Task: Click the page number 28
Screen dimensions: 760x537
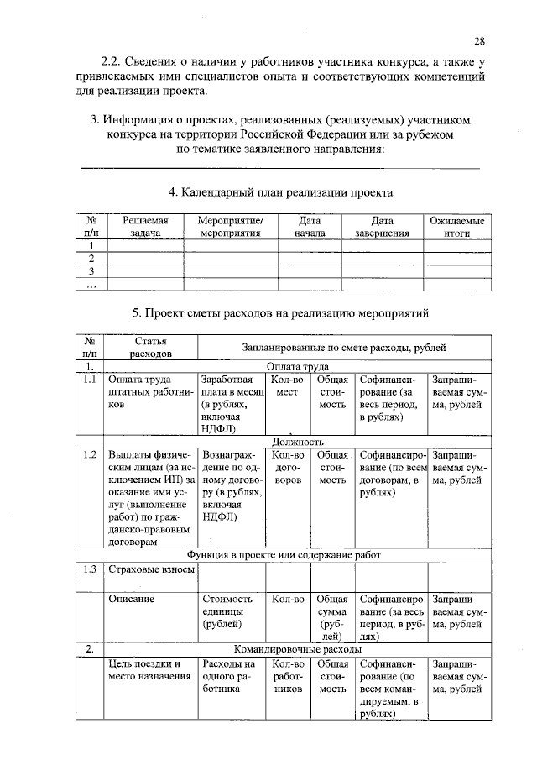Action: [479, 40]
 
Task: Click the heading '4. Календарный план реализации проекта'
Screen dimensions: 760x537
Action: [281, 192]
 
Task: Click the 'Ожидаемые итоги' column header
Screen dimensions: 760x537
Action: [456, 228]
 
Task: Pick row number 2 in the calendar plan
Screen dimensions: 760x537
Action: [91, 259]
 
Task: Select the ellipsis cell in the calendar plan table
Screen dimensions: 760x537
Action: [91, 285]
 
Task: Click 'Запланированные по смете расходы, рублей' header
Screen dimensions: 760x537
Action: [344, 348]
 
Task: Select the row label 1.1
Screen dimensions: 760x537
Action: [90, 380]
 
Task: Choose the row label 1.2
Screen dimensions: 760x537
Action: [90, 454]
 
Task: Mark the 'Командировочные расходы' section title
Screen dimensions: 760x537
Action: [298, 649]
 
